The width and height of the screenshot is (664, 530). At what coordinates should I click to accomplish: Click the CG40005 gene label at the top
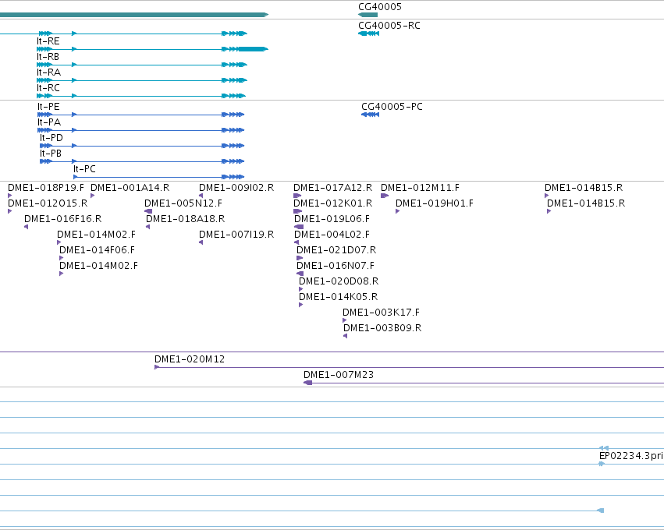[380, 7]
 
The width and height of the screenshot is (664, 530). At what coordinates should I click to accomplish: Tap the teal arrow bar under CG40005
[368, 15]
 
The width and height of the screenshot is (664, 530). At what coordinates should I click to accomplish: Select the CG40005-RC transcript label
[389, 26]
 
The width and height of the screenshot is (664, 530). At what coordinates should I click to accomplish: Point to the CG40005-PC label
[392, 107]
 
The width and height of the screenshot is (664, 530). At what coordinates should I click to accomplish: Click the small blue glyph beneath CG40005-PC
[370, 115]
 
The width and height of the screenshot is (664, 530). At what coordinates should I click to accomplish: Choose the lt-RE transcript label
[48, 41]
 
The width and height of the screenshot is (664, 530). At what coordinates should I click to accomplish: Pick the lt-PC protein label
[84, 169]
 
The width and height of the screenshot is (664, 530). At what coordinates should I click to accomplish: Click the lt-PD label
[51, 138]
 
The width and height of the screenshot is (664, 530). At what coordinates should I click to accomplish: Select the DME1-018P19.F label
[46, 188]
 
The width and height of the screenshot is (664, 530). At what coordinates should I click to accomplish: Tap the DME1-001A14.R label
[130, 188]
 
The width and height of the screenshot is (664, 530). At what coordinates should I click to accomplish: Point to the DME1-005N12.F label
[183, 203]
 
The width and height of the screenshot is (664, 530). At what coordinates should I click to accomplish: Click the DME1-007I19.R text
[236, 235]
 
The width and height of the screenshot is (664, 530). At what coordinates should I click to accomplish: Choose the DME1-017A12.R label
[333, 188]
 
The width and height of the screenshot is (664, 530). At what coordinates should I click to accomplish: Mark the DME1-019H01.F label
[435, 203]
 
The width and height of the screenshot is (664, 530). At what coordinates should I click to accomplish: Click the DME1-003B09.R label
[382, 328]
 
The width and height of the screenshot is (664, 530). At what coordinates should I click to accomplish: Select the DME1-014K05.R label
[339, 297]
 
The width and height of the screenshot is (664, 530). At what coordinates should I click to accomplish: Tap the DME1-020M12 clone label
[190, 359]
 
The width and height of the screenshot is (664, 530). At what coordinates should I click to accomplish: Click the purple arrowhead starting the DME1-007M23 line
[308, 383]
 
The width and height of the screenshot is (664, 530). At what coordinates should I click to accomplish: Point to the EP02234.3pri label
[631, 456]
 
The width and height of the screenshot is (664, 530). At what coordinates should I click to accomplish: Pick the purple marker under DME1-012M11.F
[385, 196]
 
